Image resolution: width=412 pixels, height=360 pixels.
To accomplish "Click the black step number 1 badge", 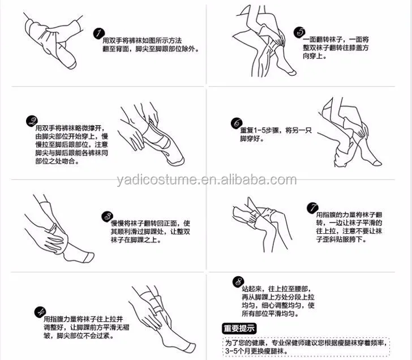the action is [99, 34].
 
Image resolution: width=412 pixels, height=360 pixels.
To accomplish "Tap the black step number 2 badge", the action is [32, 121].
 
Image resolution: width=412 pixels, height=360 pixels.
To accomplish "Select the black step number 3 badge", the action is [107, 217].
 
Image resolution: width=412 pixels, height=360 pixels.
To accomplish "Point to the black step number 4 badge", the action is [40, 312].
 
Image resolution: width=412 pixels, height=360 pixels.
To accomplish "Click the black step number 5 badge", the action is [299, 32].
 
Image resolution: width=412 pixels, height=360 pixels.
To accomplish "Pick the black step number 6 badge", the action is [237, 123].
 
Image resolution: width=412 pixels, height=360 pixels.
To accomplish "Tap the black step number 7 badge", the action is [312, 208].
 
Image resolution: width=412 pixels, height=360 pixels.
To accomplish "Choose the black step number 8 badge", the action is [238, 282].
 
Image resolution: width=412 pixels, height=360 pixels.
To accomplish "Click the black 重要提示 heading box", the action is [239, 328].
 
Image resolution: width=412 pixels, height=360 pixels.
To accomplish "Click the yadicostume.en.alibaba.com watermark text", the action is [207, 180].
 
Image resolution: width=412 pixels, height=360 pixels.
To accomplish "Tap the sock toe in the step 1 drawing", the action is [72, 65].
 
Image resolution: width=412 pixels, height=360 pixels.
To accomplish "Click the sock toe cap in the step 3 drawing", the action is [88, 258].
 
